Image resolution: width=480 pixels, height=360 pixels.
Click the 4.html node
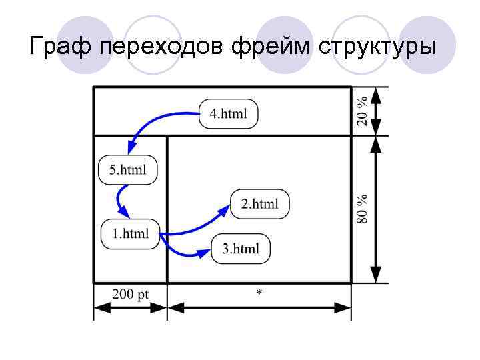click(228, 114)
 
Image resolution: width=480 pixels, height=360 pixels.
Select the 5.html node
click(127, 169)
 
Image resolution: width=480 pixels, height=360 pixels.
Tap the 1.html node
click(130, 234)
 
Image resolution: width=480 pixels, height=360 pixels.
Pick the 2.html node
click(260, 204)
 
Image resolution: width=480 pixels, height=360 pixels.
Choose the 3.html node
click(241, 249)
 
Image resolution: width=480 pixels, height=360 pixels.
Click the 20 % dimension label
click(361, 111)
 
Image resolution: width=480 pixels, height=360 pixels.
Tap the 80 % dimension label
click(361, 209)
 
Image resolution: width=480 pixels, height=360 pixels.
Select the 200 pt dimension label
click(130, 295)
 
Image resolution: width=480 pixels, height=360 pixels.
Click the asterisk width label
click(259, 293)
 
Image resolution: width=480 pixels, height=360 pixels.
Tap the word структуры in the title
click(377, 47)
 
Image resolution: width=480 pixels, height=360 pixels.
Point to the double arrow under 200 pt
click(130, 307)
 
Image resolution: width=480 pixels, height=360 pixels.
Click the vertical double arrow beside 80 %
click(376, 209)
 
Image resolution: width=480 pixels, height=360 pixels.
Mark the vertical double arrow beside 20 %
click(376, 111)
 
